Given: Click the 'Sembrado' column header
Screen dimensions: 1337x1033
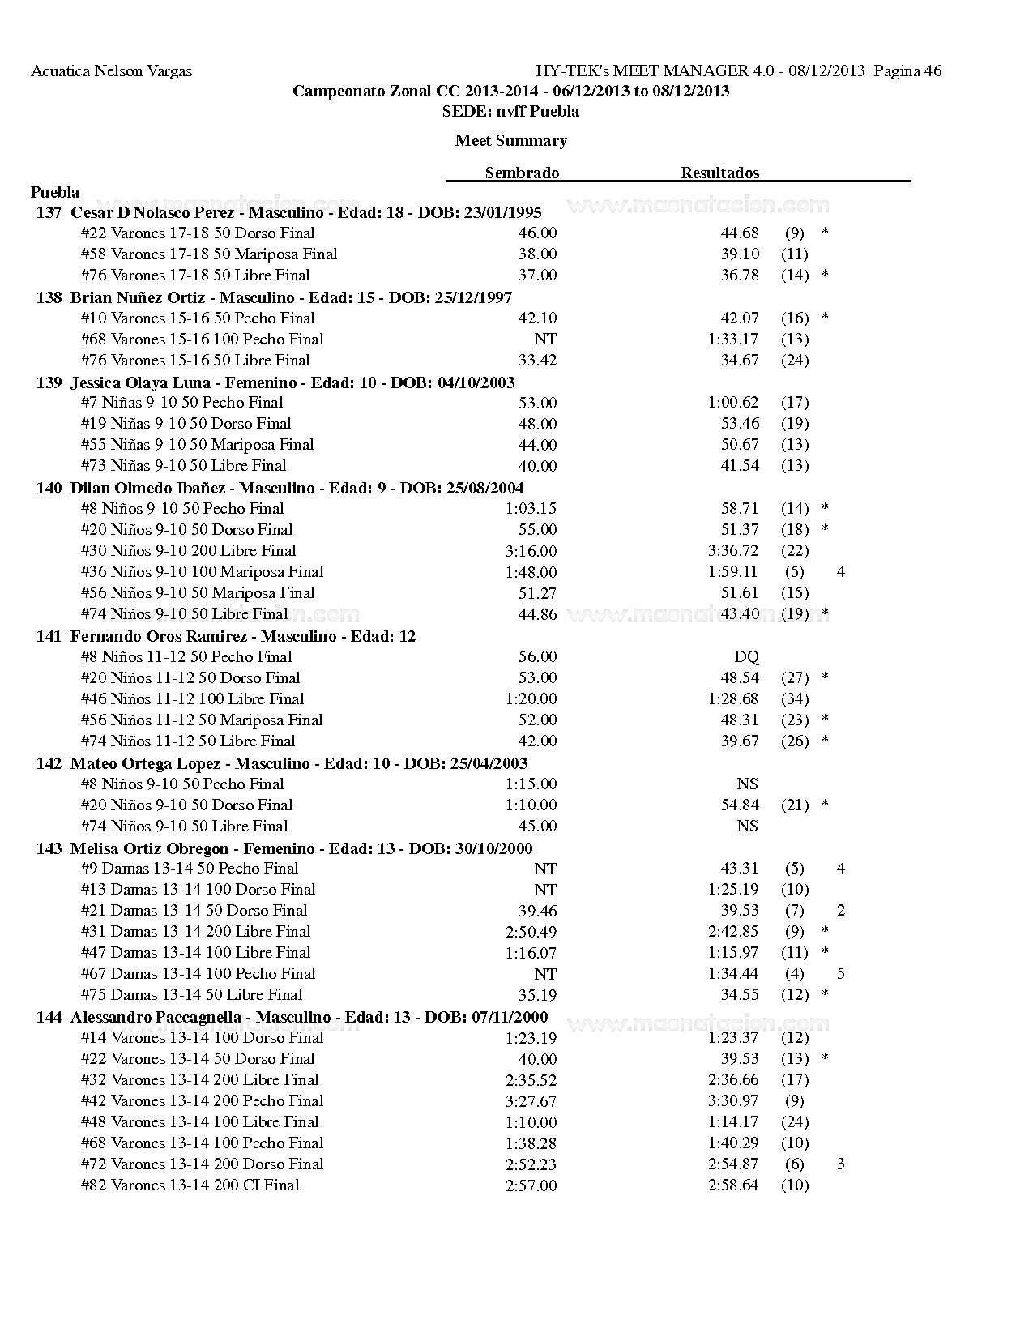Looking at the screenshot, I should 522,173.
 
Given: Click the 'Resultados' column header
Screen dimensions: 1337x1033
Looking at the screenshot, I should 719,173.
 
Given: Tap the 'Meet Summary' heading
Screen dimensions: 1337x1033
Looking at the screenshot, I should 510,140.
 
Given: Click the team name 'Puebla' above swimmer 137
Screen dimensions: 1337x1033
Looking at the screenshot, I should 55,192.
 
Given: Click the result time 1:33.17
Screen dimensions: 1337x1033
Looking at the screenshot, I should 733,339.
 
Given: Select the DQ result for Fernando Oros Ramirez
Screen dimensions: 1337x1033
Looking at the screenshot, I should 746,656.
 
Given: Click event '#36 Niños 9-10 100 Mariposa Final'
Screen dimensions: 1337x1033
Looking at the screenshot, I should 202,571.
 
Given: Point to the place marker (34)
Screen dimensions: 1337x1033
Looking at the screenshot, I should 794,698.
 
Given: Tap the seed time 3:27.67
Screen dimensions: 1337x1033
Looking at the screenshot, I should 531,1100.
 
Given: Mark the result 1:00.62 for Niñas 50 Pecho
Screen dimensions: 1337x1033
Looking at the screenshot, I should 733,402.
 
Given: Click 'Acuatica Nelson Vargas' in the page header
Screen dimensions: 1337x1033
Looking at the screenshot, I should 111,70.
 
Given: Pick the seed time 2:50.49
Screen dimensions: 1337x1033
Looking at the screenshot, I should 531,931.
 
